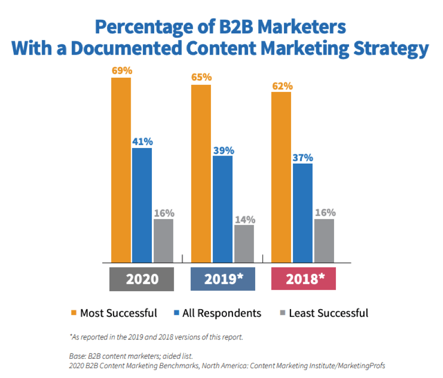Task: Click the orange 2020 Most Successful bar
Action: point(121,170)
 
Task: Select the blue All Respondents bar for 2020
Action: point(142,205)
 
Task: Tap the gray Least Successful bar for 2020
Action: point(163,240)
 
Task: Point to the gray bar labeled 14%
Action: point(244,243)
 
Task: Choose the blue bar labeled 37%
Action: point(302,213)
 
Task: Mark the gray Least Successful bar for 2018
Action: point(324,240)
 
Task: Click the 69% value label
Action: point(122,71)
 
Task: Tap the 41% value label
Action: point(142,141)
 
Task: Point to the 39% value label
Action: point(223,150)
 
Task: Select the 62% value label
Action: point(282,86)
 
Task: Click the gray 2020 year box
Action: point(142,279)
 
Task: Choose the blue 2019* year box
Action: point(223,279)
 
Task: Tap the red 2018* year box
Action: point(303,279)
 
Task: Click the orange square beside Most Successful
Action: point(74,313)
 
